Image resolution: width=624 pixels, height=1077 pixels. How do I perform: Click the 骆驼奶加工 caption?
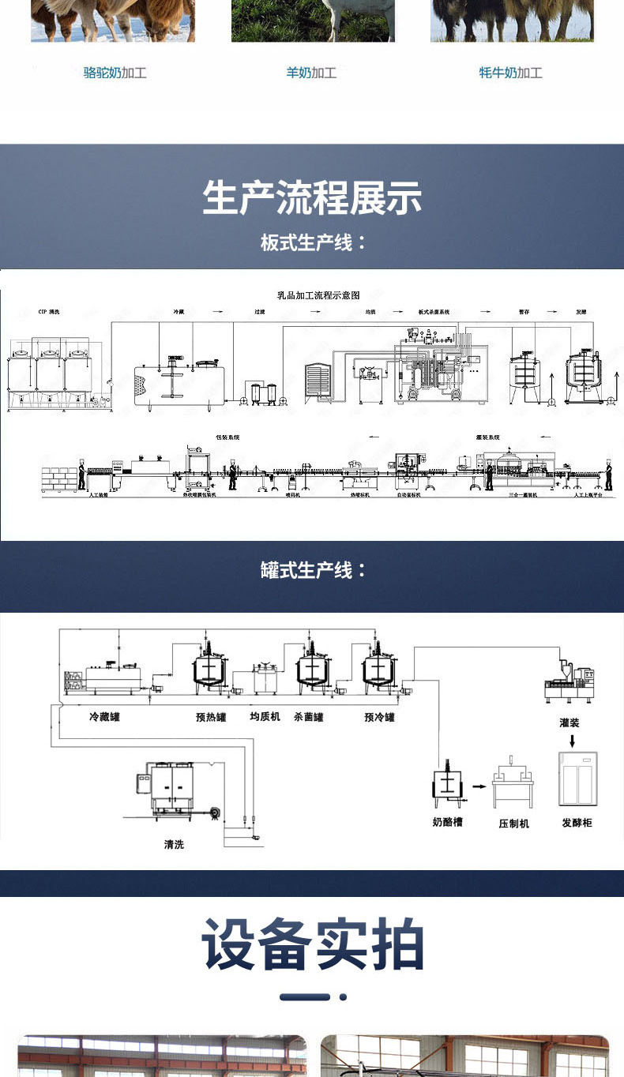(115, 73)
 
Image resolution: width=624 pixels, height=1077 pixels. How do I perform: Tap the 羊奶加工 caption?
(311, 73)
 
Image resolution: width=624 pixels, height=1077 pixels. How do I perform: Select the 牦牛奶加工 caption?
(510, 73)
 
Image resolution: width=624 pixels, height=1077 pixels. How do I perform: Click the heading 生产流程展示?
(312, 197)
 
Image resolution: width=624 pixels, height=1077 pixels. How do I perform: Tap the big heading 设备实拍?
(312, 944)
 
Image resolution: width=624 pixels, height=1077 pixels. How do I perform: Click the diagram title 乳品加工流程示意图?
(318, 295)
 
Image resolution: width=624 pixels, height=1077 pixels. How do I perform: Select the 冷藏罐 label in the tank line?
(104, 718)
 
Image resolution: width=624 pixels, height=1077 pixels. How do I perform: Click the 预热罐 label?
(211, 718)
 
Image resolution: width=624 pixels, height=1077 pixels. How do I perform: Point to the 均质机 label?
(265, 718)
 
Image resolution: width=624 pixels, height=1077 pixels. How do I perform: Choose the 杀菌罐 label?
(308, 718)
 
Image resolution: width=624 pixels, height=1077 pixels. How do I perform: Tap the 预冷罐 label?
(379, 718)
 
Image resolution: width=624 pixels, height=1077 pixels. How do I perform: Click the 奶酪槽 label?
(447, 823)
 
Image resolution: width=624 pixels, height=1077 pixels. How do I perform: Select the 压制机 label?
(513, 823)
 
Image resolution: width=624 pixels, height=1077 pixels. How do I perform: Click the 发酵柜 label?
(577, 823)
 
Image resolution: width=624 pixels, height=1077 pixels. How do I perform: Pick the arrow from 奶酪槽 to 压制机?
(479, 786)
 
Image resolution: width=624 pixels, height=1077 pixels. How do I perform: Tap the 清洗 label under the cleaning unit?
(174, 845)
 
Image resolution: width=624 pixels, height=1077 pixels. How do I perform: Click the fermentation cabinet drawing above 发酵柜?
(577, 779)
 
